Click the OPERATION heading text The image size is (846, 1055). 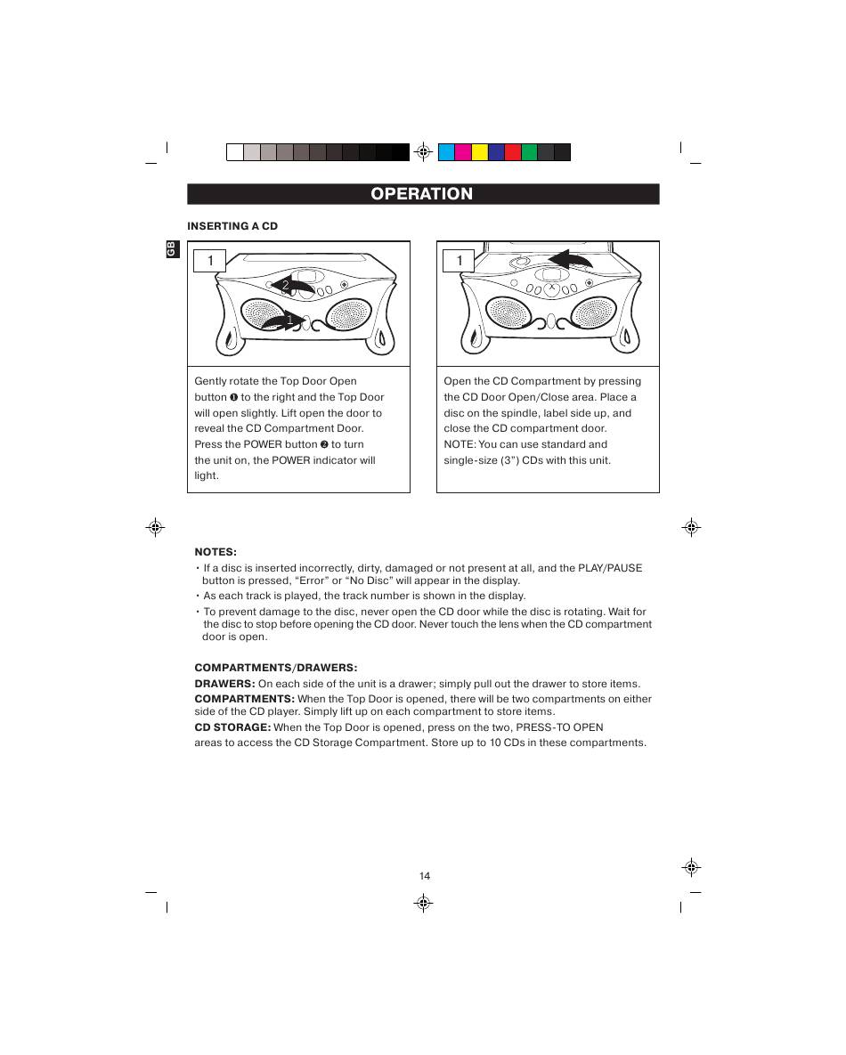[422, 194]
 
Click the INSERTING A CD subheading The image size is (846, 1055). [232, 226]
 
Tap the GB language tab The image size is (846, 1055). [172, 249]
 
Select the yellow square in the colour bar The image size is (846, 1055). [479, 152]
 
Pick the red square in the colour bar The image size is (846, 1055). [513, 152]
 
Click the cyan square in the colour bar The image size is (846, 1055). [446, 152]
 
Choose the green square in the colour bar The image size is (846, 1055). [529, 152]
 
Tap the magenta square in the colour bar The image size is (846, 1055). [463, 152]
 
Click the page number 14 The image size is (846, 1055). [425, 876]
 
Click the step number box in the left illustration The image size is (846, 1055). [209, 260]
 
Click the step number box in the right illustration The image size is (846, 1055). [459, 260]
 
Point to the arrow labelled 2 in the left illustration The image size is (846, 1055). [294, 285]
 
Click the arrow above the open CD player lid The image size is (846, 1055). [571, 259]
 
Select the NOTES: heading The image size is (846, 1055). [216, 552]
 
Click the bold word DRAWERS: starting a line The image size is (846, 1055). [224, 684]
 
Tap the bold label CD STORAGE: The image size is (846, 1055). [232, 727]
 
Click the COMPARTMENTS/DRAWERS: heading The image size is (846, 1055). [276, 668]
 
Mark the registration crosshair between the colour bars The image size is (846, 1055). [423, 151]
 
